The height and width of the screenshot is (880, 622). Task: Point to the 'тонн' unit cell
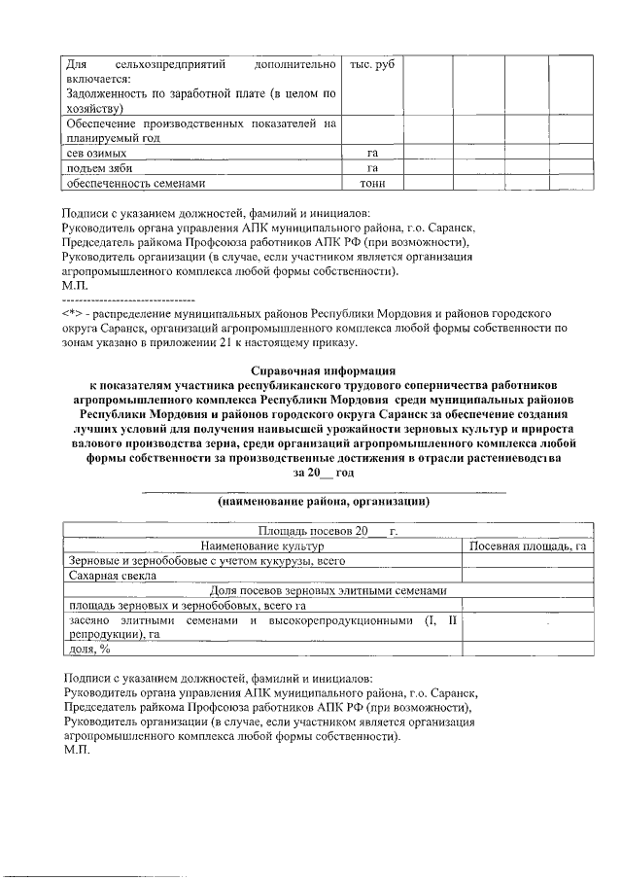pos(371,182)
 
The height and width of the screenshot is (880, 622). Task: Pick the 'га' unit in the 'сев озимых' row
pos(371,153)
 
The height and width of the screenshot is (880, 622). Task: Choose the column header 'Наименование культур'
pos(261,546)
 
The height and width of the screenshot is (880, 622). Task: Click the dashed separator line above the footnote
pos(127,300)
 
